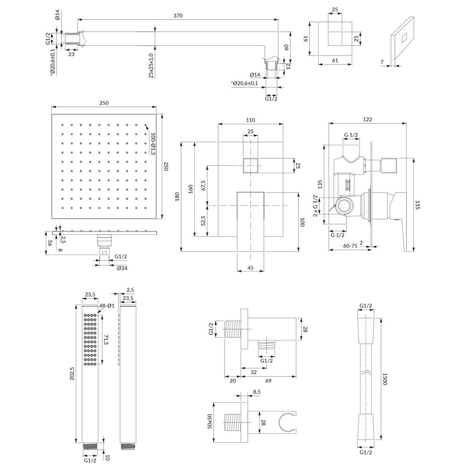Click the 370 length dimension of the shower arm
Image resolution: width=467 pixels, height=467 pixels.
click(177, 15)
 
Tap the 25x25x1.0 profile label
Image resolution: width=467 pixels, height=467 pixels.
click(151, 65)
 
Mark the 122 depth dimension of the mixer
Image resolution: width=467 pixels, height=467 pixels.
click(368, 119)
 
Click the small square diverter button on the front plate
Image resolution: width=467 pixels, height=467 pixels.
click(251, 165)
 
